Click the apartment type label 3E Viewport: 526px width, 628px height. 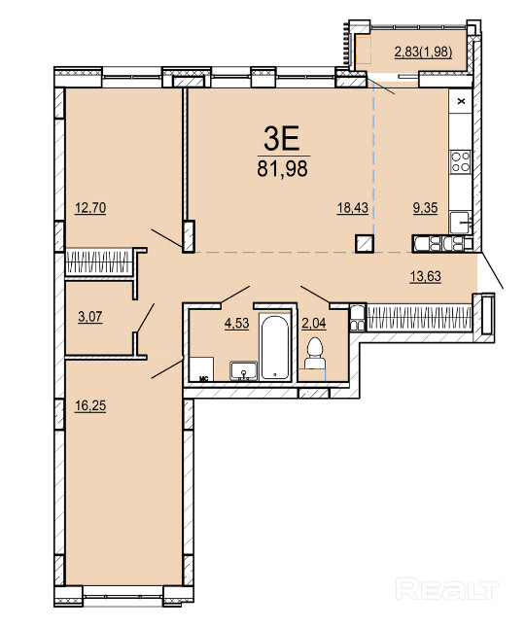click(x=282, y=138)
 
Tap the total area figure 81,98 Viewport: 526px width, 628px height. click(x=282, y=168)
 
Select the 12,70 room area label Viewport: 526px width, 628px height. click(x=90, y=208)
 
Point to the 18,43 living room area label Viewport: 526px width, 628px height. click(x=353, y=208)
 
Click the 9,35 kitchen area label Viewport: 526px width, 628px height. click(x=426, y=208)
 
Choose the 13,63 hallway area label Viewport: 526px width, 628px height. click(x=426, y=276)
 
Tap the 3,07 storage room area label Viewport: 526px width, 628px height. click(x=90, y=317)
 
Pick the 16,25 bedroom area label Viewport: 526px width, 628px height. click(x=90, y=405)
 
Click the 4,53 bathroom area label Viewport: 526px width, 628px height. click(x=237, y=323)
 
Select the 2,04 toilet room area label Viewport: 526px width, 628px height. click(x=314, y=323)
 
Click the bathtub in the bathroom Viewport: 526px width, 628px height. click(x=275, y=347)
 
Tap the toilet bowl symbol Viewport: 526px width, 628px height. click(x=315, y=353)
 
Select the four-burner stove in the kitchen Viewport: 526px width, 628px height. click(x=460, y=161)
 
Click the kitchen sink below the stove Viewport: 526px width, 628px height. click(x=460, y=223)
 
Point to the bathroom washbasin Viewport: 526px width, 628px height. click(x=244, y=370)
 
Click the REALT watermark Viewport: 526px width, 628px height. click(x=446, y=589)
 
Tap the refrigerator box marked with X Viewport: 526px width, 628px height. click(x=461, y=101)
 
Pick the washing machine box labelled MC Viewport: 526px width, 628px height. click(x=201, y=369)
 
